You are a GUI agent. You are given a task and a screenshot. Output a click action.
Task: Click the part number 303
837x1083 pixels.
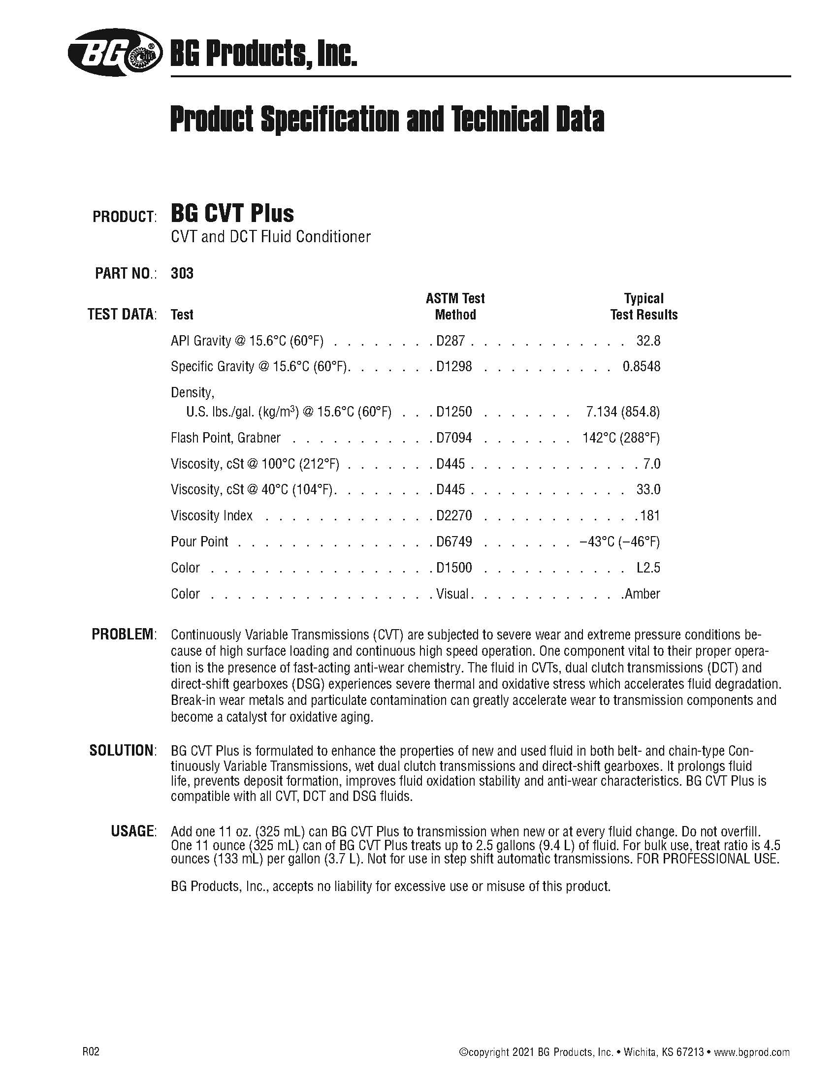pyautogui.click(x=182, y=273)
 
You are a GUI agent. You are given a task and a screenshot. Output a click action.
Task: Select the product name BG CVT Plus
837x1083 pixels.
pyautogui.click(x=232, y=214)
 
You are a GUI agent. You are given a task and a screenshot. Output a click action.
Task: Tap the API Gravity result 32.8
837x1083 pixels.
pyautogui.click(x=648, y=341)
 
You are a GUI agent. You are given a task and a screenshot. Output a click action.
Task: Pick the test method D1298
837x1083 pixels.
pyautogui.click(x=454, y=366)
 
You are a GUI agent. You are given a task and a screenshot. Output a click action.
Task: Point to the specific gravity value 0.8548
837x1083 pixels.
pyautogui.click(x=641, y=366)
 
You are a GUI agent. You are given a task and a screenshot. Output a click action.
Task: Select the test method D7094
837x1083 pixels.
pyautogui.click(x=454, y=438)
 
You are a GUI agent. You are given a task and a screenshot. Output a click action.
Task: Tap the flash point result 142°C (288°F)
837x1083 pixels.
pyautogui.click(x=621, y=438)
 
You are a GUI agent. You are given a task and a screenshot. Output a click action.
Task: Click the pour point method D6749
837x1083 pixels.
pyautogui.click(x=454, y=541)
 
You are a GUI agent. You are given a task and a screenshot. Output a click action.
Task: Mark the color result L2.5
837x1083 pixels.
pyautogui.click(x=648, y=568)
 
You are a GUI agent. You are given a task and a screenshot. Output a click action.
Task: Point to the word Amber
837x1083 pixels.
pyautogui.click(x=643, y=594)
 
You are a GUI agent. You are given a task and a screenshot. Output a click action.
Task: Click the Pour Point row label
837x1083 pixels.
pyautogui.click(x=199, y=541)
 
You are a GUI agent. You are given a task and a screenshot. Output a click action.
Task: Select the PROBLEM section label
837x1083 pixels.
pyautogui.click(x=124, y=634)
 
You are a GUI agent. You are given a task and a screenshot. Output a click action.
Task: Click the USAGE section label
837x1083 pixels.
pyautogui.click(x=133, y=830)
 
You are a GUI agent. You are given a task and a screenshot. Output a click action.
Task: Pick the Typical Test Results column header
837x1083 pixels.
pyautogui.click(x=644, y=307)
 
